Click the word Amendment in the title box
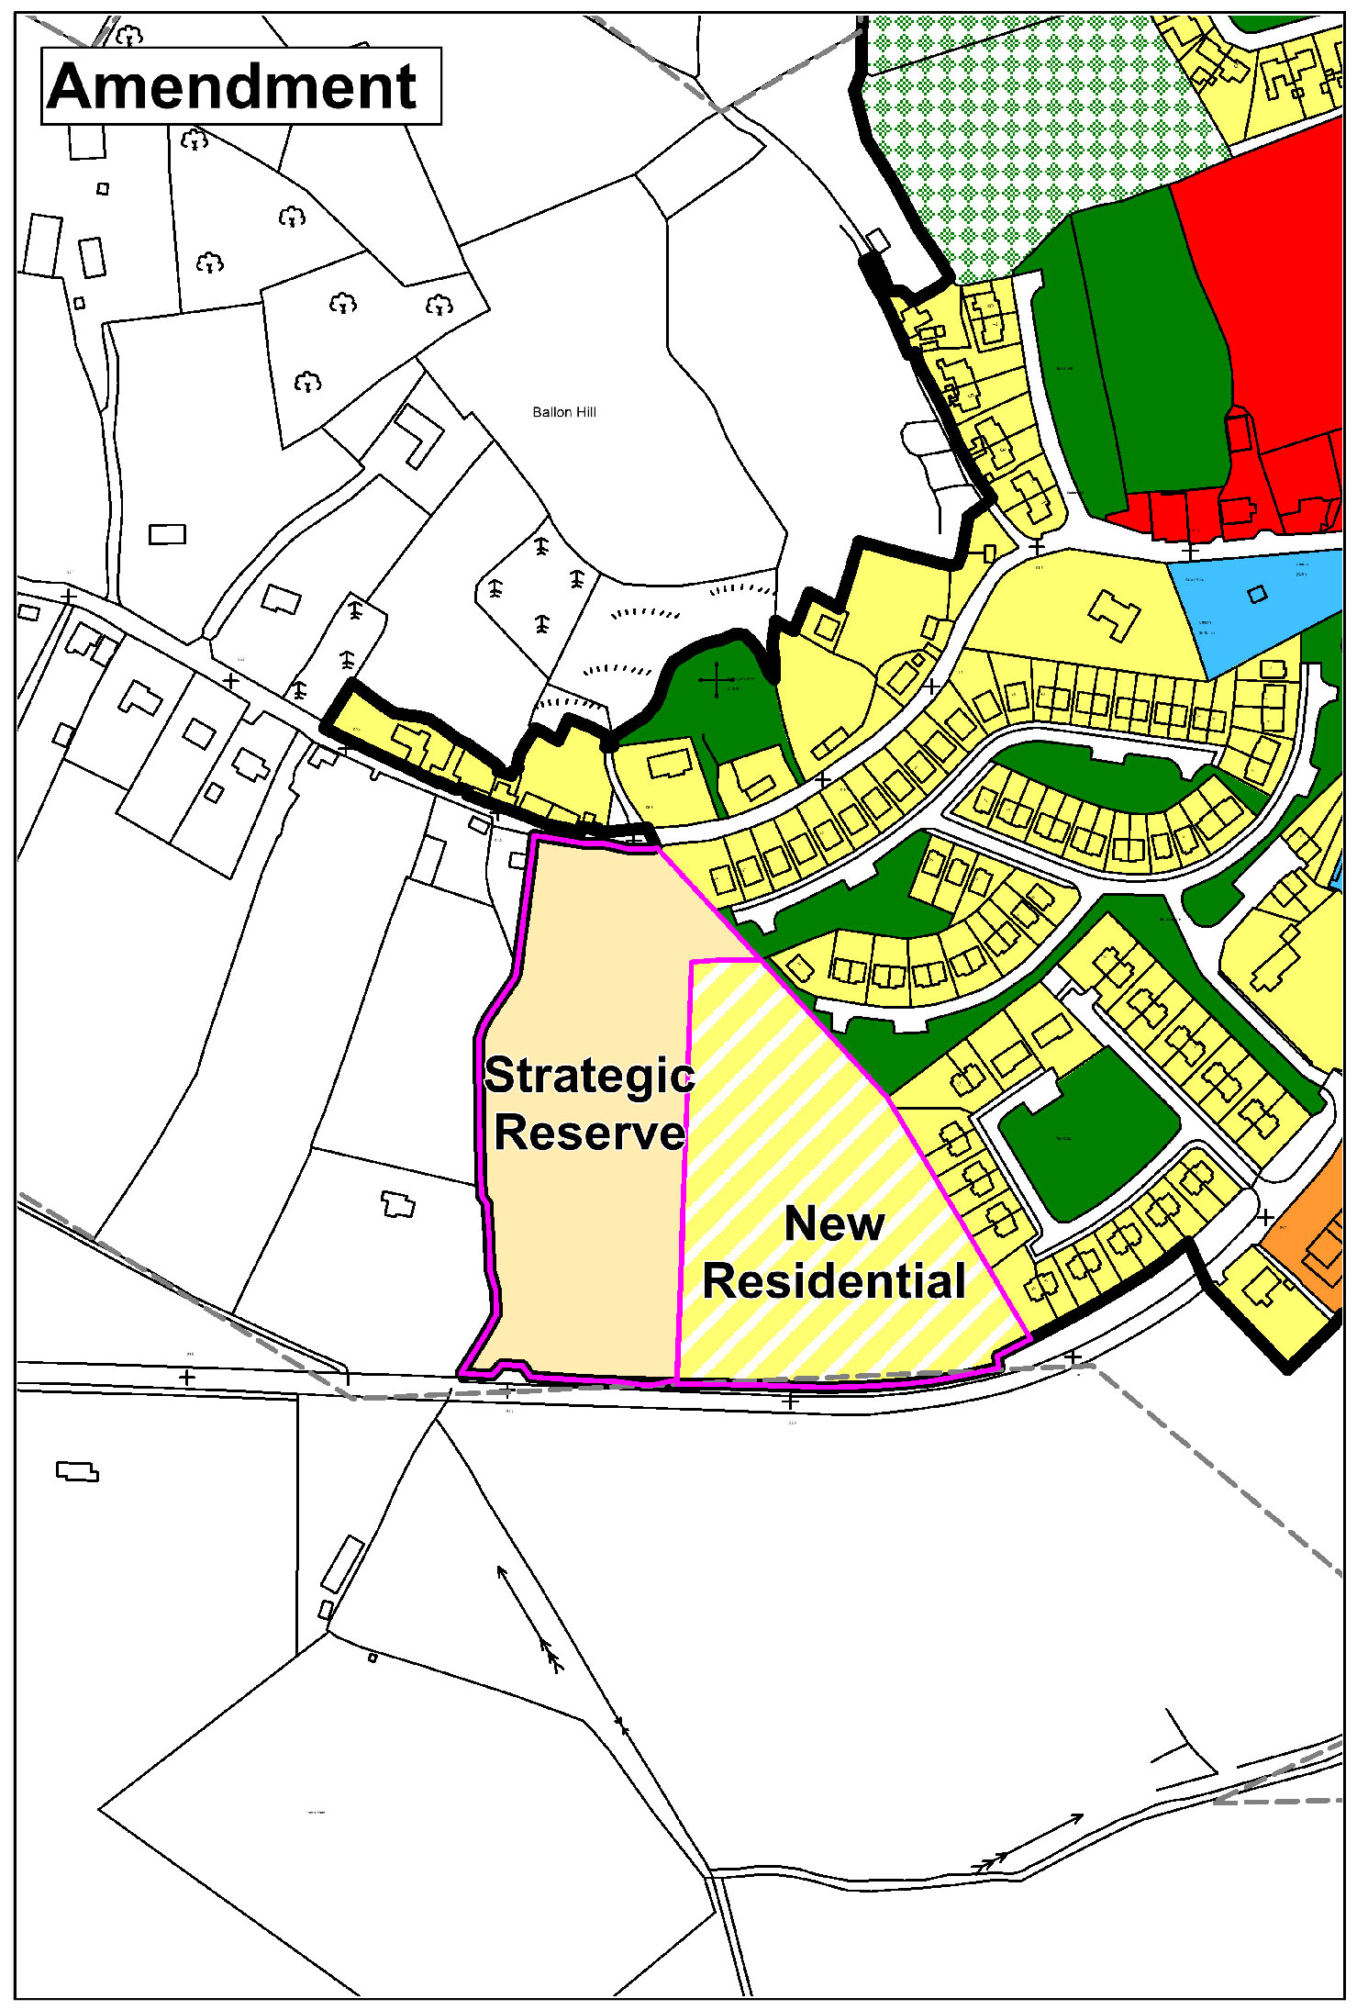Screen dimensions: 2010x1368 coord(233,87)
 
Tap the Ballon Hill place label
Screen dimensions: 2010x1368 coord(564,412)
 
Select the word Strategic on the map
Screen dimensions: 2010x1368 coord(589,1076)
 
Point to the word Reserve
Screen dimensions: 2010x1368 coord(589,1133)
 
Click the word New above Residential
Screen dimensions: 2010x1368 coord(834,1223)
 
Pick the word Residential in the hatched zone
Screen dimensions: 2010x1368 coord(834,1281)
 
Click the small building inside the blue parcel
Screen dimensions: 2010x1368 coord(1257,594)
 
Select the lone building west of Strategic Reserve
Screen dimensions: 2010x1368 coord(397,1203)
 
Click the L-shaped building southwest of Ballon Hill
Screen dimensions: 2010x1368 coord(419,434)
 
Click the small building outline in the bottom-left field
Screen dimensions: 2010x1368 coord(77,1472)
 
